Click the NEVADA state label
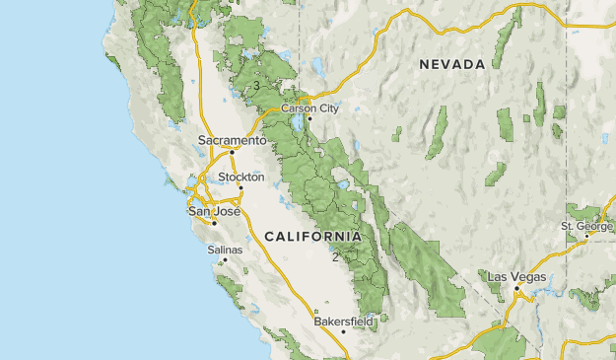coord(452,64)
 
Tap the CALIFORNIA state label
coord(312,237)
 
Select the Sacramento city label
coord(232,140)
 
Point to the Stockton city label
coord(241,178)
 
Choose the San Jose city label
coord(213,211)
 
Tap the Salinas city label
coord(224,251)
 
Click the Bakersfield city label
coord(343,322)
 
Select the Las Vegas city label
coord(516,277)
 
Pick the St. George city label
coord(587,226)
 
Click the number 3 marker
coord(256,86)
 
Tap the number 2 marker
coord(335,256)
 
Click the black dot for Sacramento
coord(233,152)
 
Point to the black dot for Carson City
coord(308,119)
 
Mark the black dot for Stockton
coord(240,188)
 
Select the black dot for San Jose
coord(214,223)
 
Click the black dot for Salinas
coord(225,260)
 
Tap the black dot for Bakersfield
coord(344,332)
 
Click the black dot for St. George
coord(587,236)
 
